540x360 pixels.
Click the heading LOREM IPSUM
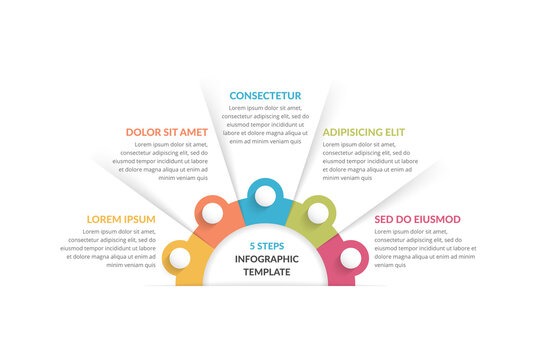click(x=121, y=219)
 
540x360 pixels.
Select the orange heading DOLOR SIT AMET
click(x=166, y=131)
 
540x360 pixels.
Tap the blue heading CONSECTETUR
click(x=265, y=96)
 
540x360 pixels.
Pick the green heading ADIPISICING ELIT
click(x=363, y=131)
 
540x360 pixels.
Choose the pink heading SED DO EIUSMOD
click(x=417, y=219)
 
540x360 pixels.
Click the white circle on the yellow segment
click(x=180, y=258)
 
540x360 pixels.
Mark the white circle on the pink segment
click(x=350, y=258)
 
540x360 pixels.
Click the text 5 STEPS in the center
click(x=266, y=245)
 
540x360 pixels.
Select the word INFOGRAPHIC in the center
click(x=266, y=259)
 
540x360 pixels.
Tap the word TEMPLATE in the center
click(x=266, y=272)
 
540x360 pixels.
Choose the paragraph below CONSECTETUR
click(x=265, y=124)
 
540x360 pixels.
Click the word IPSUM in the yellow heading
click(x=138, y=219)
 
